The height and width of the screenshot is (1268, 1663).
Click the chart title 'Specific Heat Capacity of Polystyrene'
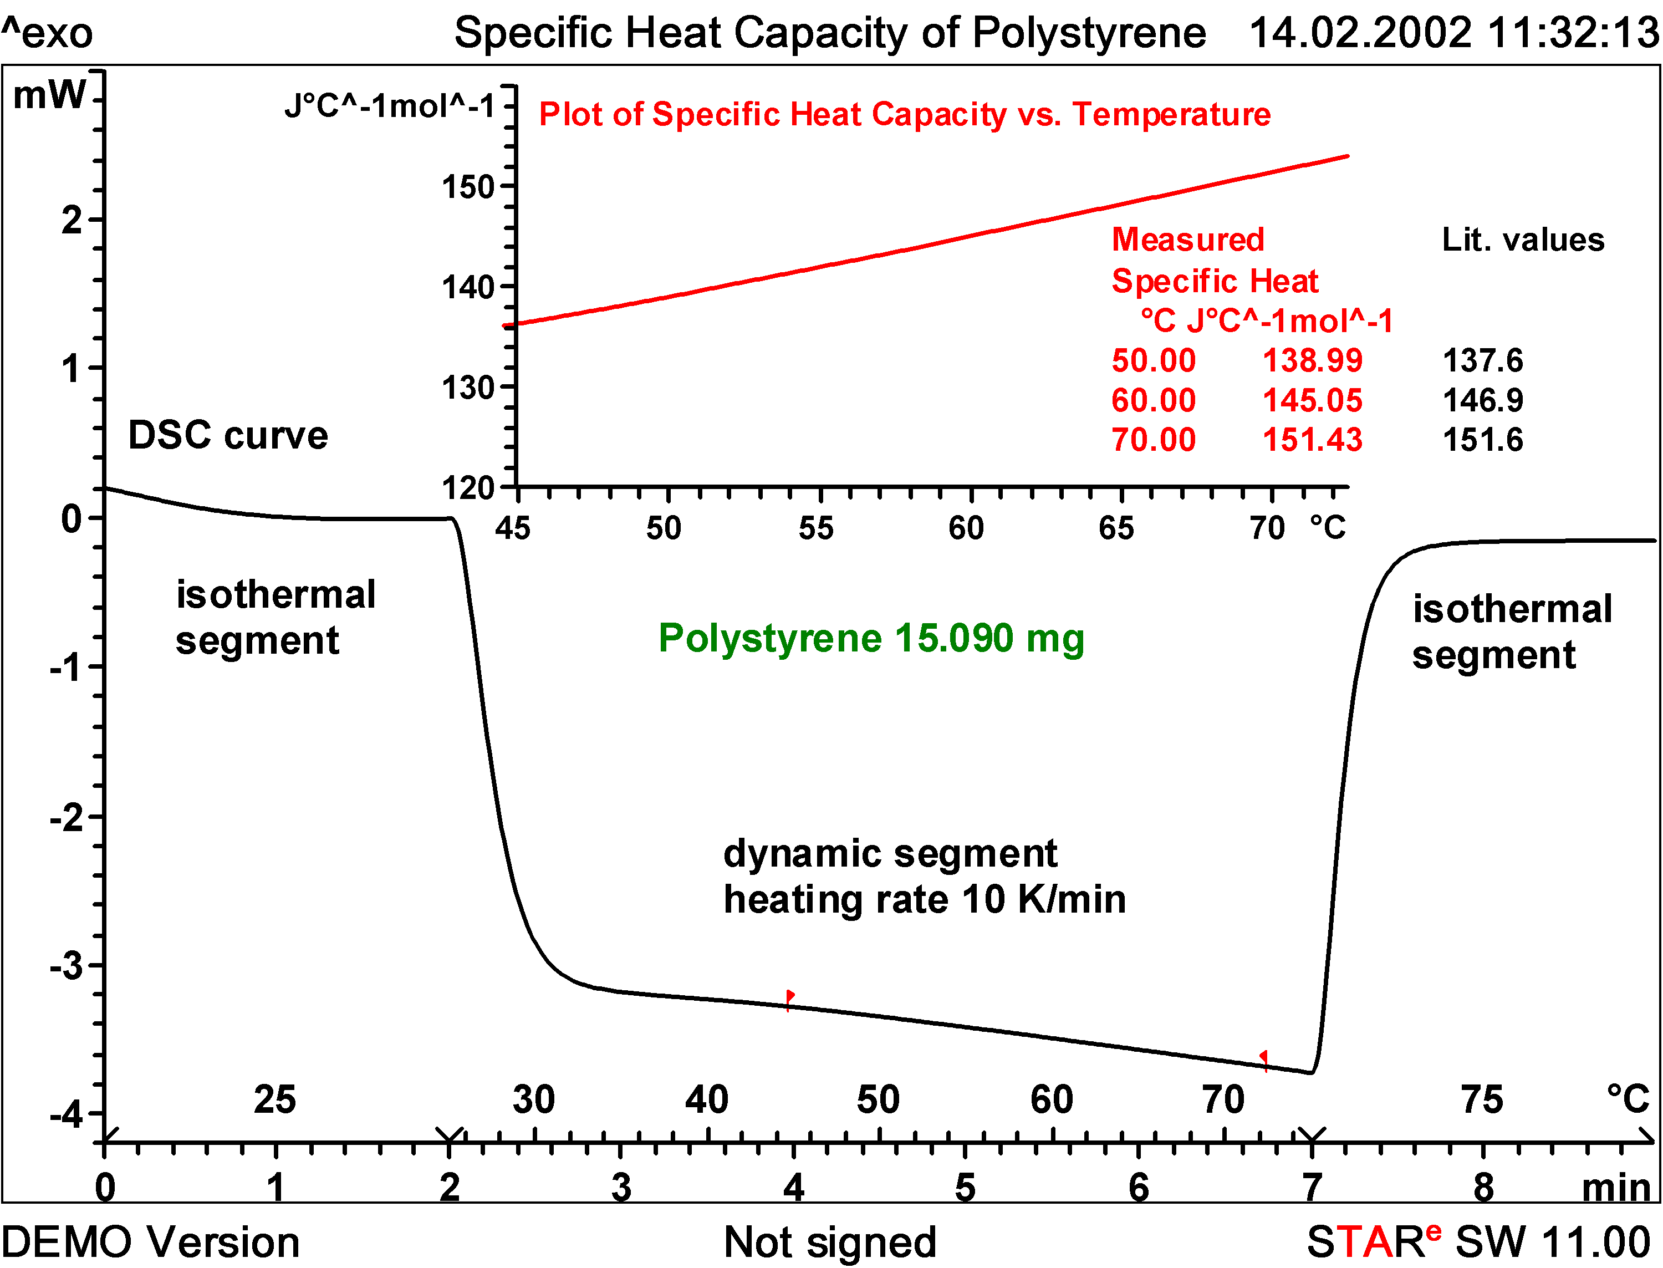pyautogui.click(x=829, y=33)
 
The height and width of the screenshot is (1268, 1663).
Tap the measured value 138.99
pyautogui.click(x=1312, y=361)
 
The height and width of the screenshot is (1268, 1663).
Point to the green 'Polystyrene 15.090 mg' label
pyautogui.click(x=871, y=639)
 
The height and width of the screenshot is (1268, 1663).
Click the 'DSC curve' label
pyautogui.click(x=228, y=435)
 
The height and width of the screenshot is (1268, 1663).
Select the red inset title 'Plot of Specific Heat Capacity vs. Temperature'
pyautogui.click(x=904, y=115)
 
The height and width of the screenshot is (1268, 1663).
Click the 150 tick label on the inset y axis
pyautogui.click(x=468, y=187)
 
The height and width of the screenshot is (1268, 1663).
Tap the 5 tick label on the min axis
pyautogui.click(x=965, y=1189)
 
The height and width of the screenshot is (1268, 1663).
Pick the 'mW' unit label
pyautogui.click(x=50, y=95)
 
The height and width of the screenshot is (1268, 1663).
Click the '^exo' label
pyautogui.click(x=47, y=33)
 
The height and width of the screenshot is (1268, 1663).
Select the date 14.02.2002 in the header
pyautogui.click(x=1360, y=33)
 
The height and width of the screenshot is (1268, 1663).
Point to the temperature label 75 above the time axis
pyautogui.click(x=1481, y=1099)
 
